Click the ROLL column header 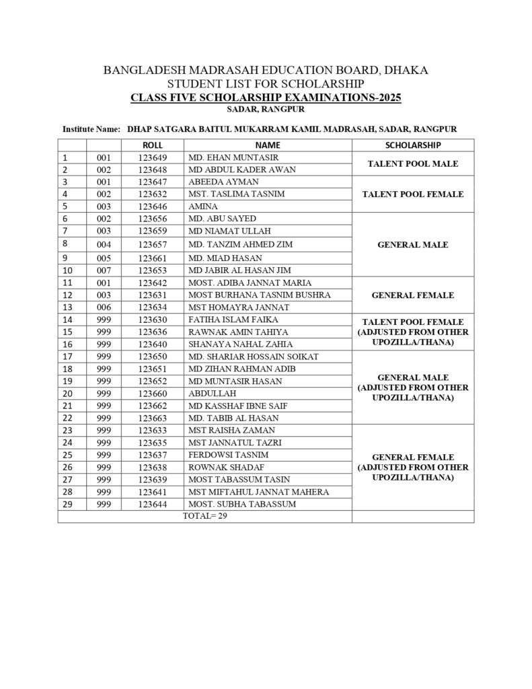point(153,145)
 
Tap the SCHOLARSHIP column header point(412,145)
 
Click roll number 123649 point(153,157)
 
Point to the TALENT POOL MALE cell point(412,164)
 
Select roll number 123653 point(153,270)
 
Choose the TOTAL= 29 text point(204,516)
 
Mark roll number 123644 point(153,504)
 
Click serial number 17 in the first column point(67,357)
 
